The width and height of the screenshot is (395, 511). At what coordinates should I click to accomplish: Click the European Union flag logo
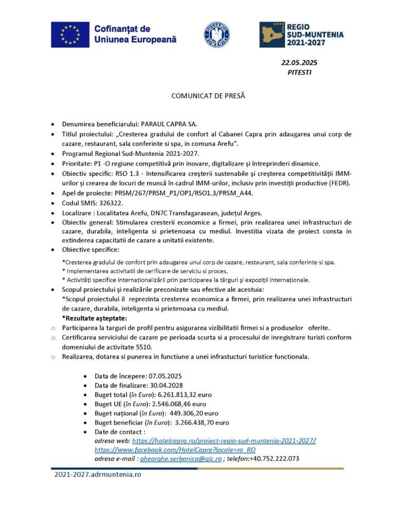(70, 34)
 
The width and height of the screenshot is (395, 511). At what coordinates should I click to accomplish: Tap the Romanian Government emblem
(217, 34)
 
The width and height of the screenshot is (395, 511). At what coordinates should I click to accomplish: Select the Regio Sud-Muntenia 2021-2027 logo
(301, 34)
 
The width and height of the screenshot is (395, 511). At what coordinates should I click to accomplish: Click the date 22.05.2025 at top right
(299, 63)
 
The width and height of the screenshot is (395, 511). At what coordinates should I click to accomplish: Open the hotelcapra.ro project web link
(224, 441)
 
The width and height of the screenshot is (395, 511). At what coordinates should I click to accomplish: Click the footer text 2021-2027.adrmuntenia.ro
(98, 474)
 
